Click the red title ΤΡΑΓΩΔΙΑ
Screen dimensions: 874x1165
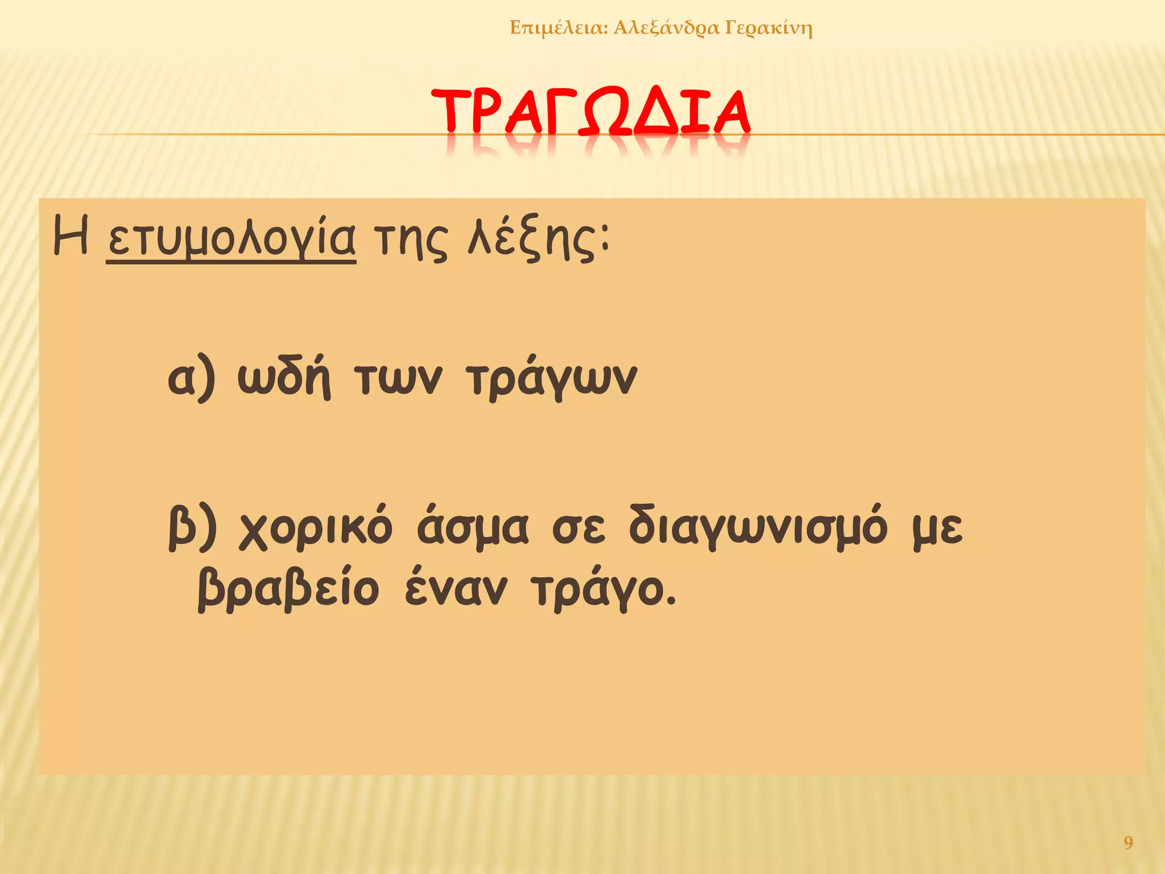[x=590, y=113]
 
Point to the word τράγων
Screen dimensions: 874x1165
[x=551, y=380]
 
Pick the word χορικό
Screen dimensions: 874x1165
[x=316, y=528]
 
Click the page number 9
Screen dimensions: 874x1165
[x=1129, y=843]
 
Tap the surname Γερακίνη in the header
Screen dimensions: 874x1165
[x=769, y=28]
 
